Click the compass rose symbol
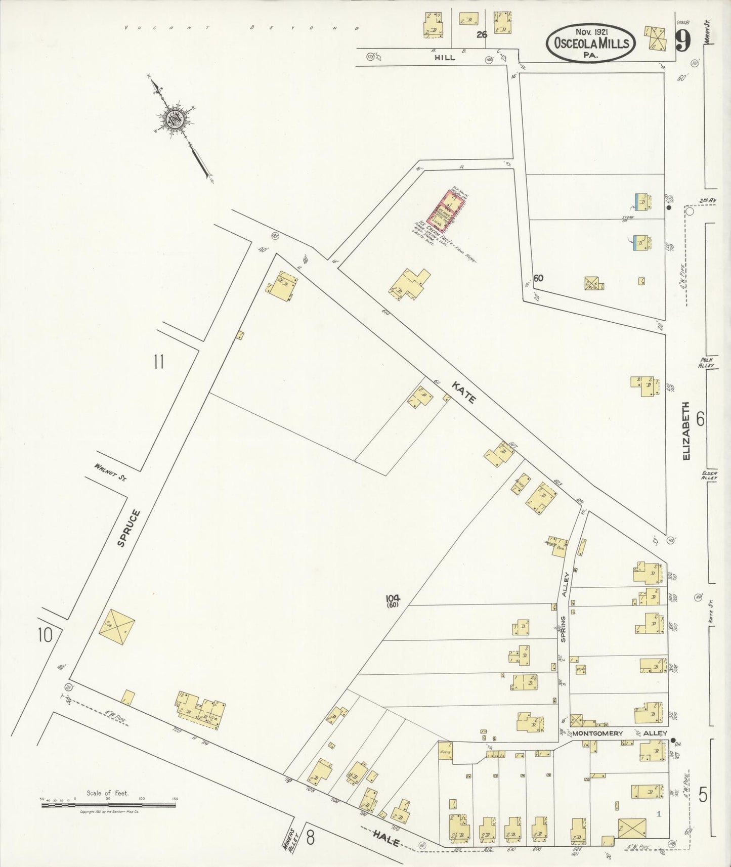coord(174,119)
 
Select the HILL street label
coord(445,58)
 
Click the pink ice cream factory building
coord(445,208)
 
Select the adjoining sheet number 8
coord(310,838)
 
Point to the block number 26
coord(482,35)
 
